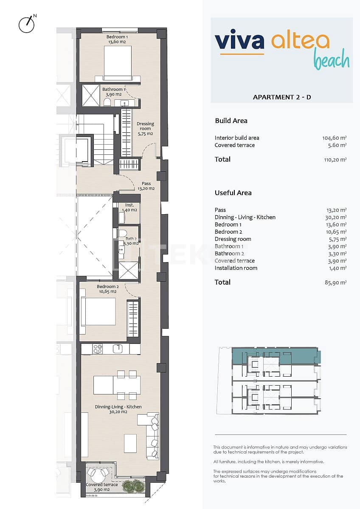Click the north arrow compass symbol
(x=27, y=24)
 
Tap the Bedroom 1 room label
(x=117, y=39)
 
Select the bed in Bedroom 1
(x=118, y=63)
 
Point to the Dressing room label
(x=145, y=129)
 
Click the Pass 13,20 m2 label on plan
(x=146, y=186)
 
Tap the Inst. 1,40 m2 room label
(x=130, y=207)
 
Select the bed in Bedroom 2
(x=98, y=312)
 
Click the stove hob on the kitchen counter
(x=98, y=349)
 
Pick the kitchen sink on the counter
(x=118, y=349)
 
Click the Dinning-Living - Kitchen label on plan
(x=118, y=409)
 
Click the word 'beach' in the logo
(x=332, y=61)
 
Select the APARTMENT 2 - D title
(x=282, y=97)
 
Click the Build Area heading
(x=231, y=121)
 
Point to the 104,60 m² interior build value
(x=335, y=138)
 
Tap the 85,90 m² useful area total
(x=335, y=282)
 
